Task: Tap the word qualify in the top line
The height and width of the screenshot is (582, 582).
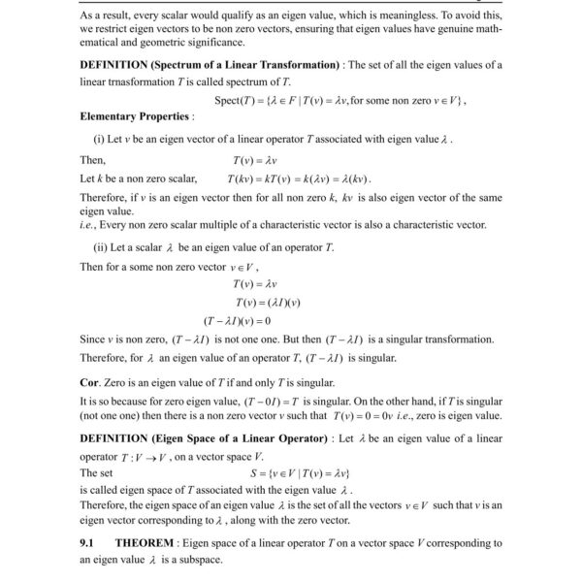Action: [x=210, y=16]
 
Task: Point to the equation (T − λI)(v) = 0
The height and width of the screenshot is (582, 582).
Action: [x=238, y=320]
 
